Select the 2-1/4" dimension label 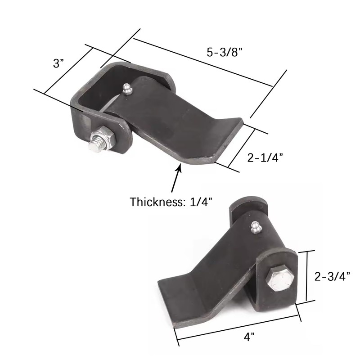coord(265,157)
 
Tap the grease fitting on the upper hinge coord(127,89)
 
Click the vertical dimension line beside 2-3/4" coord(307,276)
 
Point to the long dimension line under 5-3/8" coord(202,62)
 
